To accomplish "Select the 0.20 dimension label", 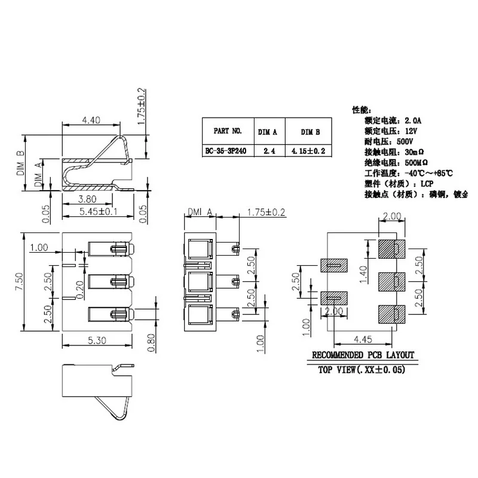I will click(81, 288).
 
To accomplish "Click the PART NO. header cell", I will click(227, 131).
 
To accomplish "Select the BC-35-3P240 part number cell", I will click(227, 151).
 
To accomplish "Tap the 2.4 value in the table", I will click(267, 151).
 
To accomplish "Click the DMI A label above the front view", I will click(201, 212).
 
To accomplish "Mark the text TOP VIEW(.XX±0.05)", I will click(361, 370).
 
